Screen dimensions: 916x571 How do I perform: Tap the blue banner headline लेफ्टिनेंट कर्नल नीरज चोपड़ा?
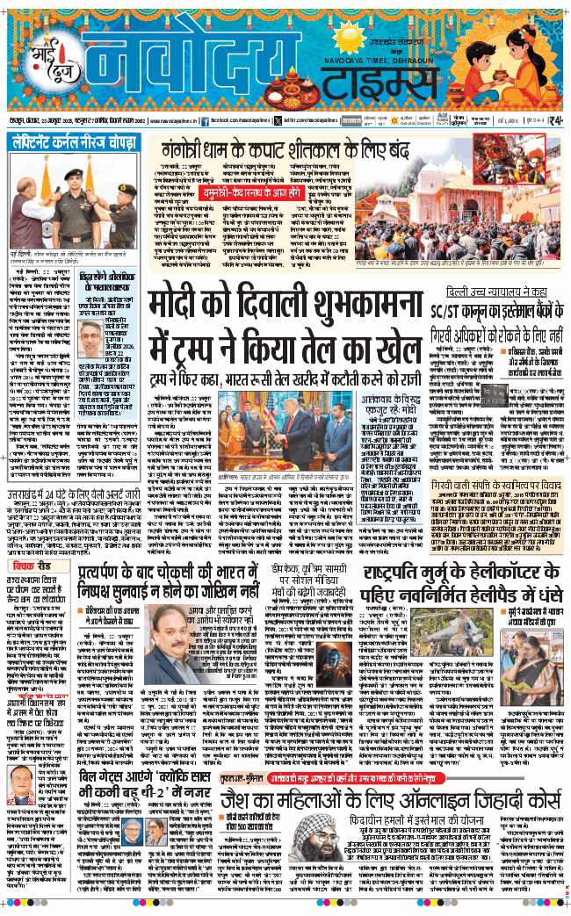click(x=73, y=141)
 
